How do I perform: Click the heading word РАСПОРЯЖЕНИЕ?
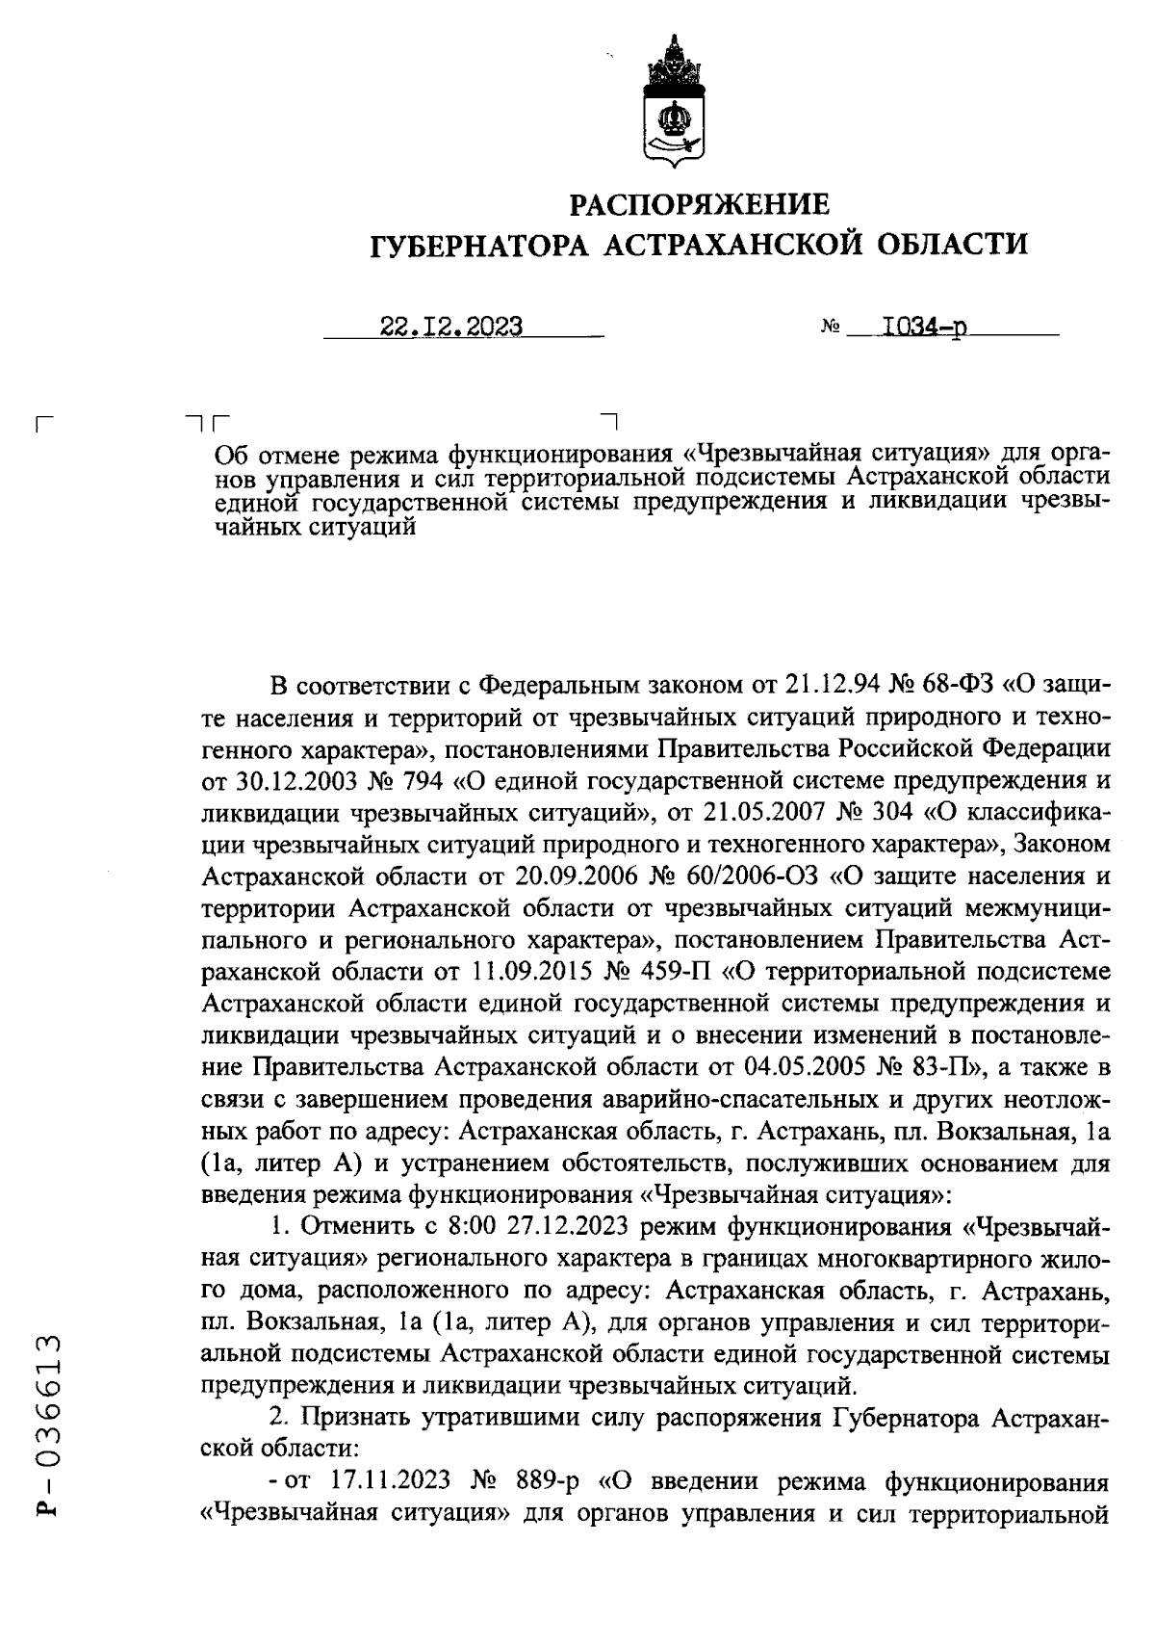(x=699, y=204)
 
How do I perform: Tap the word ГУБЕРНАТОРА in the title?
(x=478, y=246)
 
